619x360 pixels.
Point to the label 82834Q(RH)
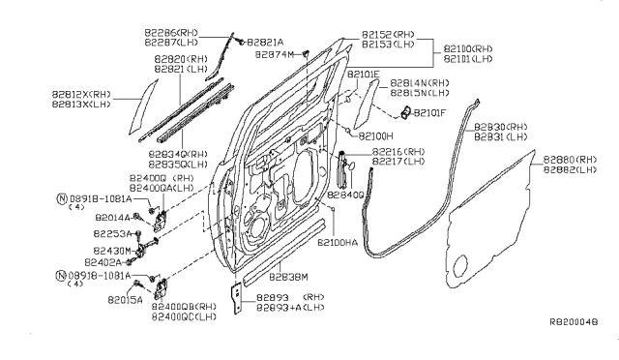[x=178, y=153]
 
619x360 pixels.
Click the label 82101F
[x=429, y=113]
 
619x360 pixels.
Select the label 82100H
[x=376, y=136]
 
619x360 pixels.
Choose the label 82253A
[x=113, y=234]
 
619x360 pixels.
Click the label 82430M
[x=113, y=250]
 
